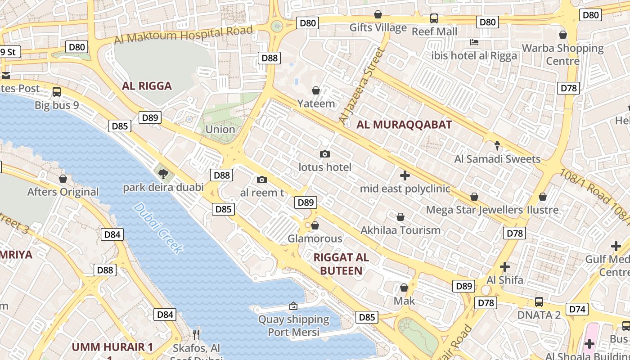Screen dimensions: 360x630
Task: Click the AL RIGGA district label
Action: (147, 86)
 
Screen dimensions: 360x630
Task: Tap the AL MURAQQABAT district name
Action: (404, 125)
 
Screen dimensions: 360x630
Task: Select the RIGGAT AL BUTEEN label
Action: (341, 264)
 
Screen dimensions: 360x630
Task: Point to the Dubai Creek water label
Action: (158, 228)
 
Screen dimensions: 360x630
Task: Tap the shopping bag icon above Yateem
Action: (316, 90)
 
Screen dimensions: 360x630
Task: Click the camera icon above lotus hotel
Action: (324, 154)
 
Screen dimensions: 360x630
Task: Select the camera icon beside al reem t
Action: (261, 180)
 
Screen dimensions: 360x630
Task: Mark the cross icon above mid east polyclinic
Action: (405, 175)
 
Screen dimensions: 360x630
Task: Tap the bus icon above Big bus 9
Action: (57, 92)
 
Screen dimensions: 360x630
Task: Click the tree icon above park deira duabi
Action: (163, 174)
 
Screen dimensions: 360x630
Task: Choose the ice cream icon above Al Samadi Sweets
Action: (497, 146)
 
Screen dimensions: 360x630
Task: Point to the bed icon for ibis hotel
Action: (474, 43)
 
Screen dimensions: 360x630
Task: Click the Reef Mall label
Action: (434, 31)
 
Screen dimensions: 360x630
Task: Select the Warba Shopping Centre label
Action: (562, 54)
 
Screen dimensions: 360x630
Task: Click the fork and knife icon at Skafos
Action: (196, 334)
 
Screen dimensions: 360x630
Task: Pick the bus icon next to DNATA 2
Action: (539, 301)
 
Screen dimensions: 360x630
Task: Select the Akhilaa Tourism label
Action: (400, 230)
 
